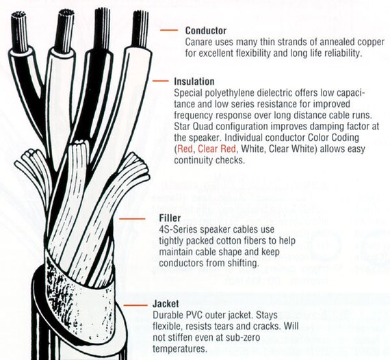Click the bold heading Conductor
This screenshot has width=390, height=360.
point(206,31)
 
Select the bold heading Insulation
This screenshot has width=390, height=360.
point(194,81)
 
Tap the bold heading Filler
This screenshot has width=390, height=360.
point(170,218)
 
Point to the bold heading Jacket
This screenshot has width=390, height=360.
point(166,304)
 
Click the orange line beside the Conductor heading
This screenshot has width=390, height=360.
point(169,30)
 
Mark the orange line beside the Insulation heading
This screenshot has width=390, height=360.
point(160,81)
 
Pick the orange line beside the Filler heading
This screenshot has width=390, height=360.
point(132,219)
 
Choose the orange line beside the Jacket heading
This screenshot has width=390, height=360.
point(135,305)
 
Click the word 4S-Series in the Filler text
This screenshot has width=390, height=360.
point(177,229)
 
